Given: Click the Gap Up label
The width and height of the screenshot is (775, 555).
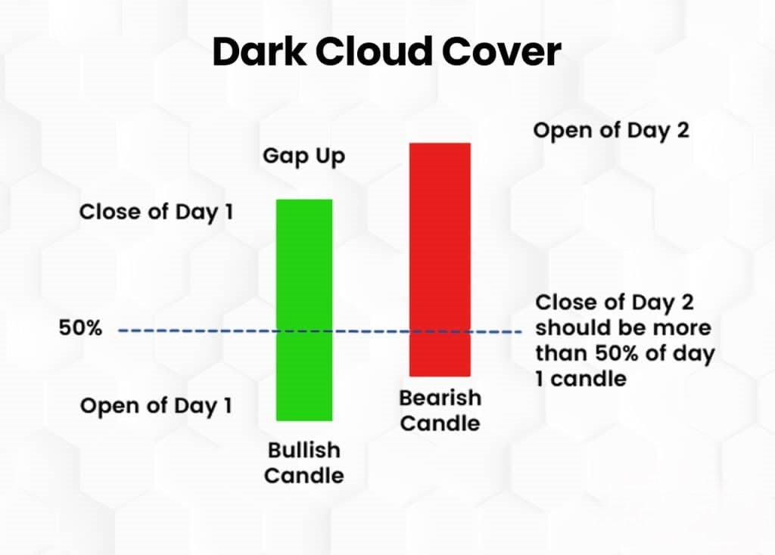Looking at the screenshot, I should pyautogui.click(x=303, y=157).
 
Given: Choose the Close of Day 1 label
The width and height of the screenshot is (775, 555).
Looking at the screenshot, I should pyautogui.click(x=156, y=212).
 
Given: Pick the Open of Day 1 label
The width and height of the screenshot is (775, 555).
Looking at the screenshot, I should pyautogui.click(x=156, y=406).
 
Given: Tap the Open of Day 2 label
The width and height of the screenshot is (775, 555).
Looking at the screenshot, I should pyautogui.click(x=612, y=130).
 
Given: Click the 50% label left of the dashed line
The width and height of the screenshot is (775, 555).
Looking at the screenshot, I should pyautogui.click(x=79, y=329).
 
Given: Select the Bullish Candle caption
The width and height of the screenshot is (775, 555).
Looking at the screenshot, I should pyautogui.click(x=303, y=463).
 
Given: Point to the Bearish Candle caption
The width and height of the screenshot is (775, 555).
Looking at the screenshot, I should pyautogui.click(x=440, y=410).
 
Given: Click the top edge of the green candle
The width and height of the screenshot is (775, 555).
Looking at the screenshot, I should pyautogui.click(x=303, y=200).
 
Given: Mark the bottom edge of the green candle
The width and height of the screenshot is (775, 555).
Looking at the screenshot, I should pyautogui.click(x=303, y=420).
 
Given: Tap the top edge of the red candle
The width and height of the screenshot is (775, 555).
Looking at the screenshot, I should pyautogui.click(x=440, y=143).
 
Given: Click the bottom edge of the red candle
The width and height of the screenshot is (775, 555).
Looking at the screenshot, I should pyautogui.click(x=440, y=375).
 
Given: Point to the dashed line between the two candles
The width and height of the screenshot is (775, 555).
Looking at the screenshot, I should pyautogui.click(x=371, y=330).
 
